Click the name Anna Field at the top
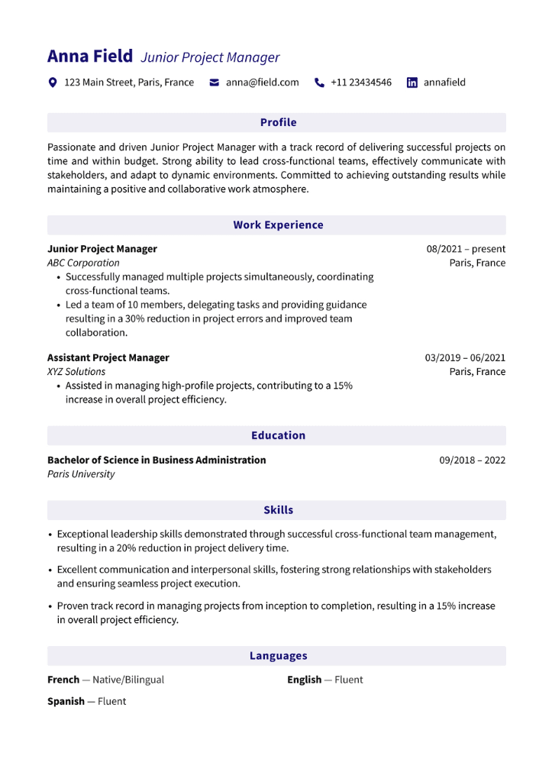click(x=89, y=57)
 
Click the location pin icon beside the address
click(x=53, y=82)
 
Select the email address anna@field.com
click(x=262, y=82)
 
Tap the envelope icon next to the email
click(x=215, y=82)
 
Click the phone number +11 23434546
click(x=360, y=82)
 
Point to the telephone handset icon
click(x=319, y=82)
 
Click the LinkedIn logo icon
click(x=412, y=82)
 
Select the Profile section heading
click(x=278, y=122)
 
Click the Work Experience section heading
click(x=278, y=225)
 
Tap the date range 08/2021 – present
click(x=466, y=249)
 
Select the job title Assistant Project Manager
click(x=108, y=357)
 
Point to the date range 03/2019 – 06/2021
click(x=465, y=357)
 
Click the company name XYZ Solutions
click(x=76, y=371)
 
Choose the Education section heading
click(x=278, y=435)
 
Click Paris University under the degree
click(x=81, y=473)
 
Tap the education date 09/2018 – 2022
click(x=472, y=460)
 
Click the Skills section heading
click(x=278, y=509)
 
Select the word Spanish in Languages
click(x=66, y=701)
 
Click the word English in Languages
click(x=305, y=680)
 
